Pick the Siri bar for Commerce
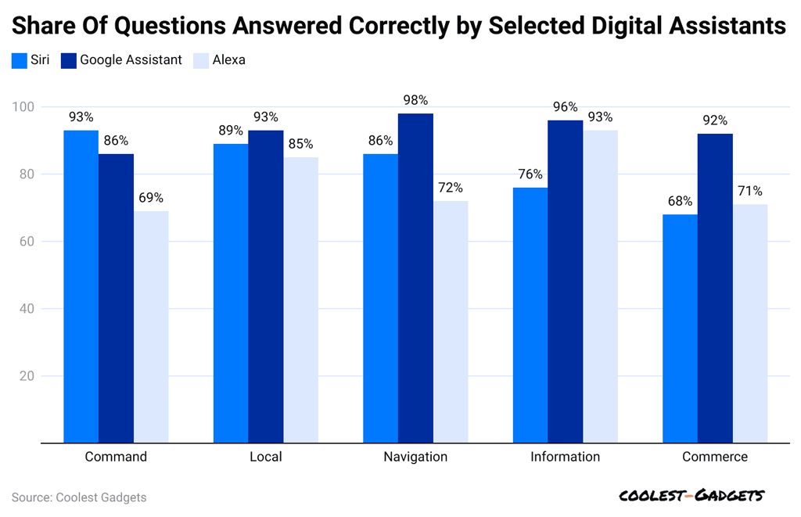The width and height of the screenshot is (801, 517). pos(680,329)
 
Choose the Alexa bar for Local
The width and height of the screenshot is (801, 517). pos(301,300)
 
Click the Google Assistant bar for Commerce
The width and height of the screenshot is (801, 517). pos(715,289)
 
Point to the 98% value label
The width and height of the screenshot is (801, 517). pos(415,100)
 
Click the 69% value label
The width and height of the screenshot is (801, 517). pos(151,198)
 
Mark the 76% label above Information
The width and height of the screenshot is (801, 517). pos(530,174)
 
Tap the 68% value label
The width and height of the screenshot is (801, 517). pos(680,201)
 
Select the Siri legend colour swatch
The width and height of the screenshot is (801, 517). pos(20,60)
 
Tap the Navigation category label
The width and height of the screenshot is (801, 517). pos(415,457)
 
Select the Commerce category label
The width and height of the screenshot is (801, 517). pos(715,457)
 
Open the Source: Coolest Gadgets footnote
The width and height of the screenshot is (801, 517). pos(79,497)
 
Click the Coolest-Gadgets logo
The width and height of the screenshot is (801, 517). pos(691,496)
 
